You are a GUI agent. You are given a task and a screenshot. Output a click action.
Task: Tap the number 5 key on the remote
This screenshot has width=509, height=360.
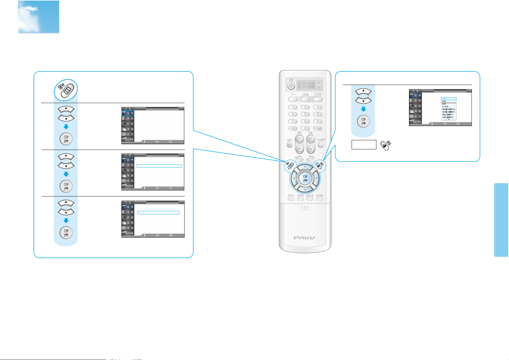[x=305, y=114]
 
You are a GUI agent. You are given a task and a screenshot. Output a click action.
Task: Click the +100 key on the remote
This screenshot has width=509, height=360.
[x=292, y=128]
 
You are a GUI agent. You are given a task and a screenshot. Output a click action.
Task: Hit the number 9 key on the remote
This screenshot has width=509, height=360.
[x=317, y=121]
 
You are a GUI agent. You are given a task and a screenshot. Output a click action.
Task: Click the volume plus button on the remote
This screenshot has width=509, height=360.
[x=299, y=139]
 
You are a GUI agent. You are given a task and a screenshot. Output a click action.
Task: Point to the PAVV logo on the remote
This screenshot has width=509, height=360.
[x=305, y=238]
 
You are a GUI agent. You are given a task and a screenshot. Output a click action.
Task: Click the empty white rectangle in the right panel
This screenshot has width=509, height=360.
[x=364, y=144]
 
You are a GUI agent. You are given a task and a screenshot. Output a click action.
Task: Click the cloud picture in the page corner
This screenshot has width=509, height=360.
[x=38, y=17]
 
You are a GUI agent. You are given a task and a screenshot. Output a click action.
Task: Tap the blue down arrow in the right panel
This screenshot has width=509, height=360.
[x=363, y=109]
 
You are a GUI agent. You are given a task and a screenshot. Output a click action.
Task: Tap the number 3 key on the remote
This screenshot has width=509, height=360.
[x=317, y=107]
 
